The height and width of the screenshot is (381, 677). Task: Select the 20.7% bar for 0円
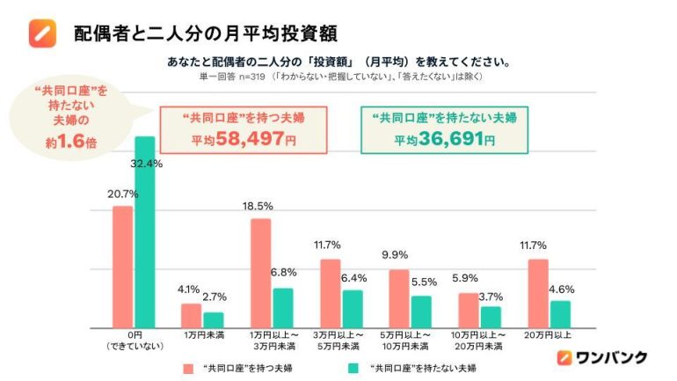(122, 267)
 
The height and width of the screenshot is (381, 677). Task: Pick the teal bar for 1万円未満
(214, 319)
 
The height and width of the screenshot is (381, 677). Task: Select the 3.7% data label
(491, 297)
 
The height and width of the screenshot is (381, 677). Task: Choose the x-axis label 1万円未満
(202, 335)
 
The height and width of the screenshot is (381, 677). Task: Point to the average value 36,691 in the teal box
(451, 139)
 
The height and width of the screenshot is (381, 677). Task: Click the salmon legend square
(187, 367)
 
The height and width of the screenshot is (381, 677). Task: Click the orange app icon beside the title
(41, 33)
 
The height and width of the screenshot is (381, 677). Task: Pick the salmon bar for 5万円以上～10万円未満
(399, 298)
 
